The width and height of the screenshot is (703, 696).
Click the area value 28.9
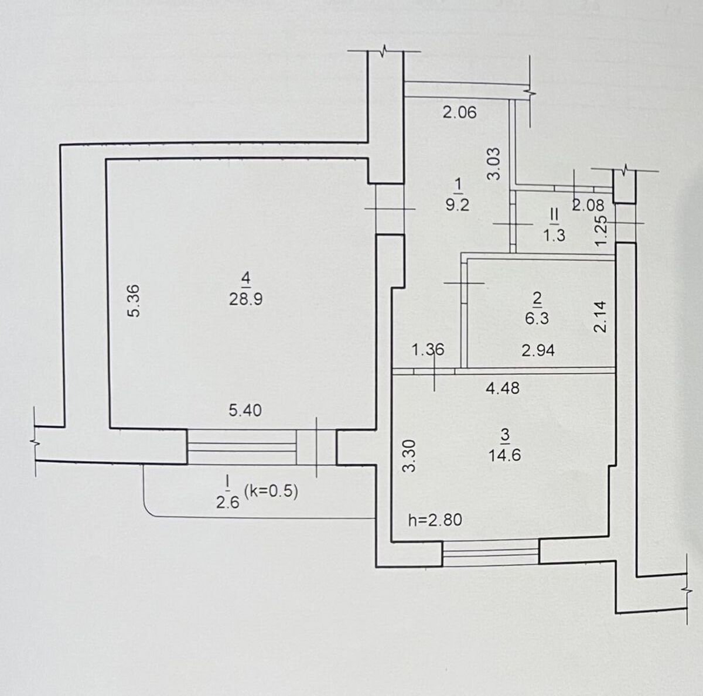[x=245, y=299]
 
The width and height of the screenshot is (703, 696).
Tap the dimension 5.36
[x=134, y=301]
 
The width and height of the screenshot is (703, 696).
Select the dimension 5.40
[x=245, y=411]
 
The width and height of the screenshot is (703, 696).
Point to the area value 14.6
[x=505, y=455]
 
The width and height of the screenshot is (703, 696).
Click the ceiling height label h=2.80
[x=435, y=520]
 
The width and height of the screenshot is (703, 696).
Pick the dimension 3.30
[x=411, y=456]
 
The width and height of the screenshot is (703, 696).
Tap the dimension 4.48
[x=503, y=388]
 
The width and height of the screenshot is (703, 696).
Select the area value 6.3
[x=537, y=318]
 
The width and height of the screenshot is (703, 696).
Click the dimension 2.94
[x=538, y=351]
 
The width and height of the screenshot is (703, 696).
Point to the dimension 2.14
[x=600, y=316]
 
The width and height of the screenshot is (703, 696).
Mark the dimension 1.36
[x=428, y=350]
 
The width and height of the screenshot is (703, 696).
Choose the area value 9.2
[x=458, y=205]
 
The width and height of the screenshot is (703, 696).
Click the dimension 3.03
[x=494, y=163]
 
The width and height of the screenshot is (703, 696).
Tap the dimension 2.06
[x=460, y=112]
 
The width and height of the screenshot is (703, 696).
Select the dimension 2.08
[x=588, y=206]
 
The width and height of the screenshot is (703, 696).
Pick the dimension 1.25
[x=601, y=231]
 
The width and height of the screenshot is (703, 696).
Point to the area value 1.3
[x=555, y=236]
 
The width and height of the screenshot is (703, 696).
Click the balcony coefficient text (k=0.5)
[x=271, y=492]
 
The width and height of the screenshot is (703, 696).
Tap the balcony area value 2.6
[x=228, y=503]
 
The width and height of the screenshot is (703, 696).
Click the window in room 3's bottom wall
[x=491, y=553]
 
